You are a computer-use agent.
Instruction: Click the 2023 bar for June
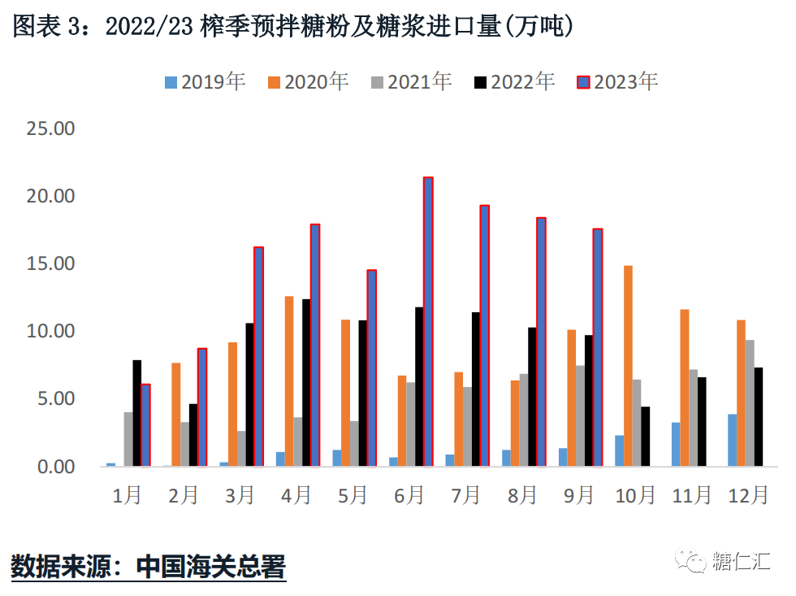click(428, 322)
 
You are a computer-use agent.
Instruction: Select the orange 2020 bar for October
click(628, 366)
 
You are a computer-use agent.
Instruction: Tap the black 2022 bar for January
click(137, 413)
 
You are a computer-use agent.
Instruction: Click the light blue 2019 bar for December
click(732, 440)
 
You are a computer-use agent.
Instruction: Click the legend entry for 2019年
click(205, 82)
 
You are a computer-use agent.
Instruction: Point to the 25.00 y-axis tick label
click(51, 128)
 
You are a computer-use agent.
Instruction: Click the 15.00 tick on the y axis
click(51, 264)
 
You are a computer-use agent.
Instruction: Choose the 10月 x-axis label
click(635, 495)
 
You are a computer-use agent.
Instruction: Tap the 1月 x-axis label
click(128, 495)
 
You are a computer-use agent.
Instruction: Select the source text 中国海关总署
click(211, 565)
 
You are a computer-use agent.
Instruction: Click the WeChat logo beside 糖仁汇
click(695, 560)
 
